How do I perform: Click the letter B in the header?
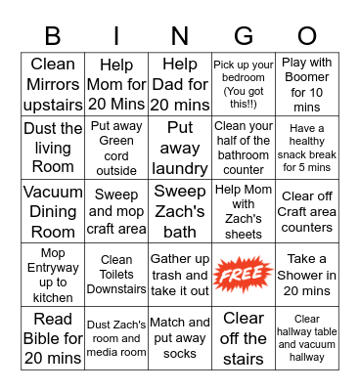[x=53, y=36]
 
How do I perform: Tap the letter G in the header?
[x=244, y=36]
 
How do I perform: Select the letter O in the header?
[x=306, y=36]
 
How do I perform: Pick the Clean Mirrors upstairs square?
[x=53, y=85]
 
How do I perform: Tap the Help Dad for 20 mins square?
[x=180, y=85]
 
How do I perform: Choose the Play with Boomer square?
[x=306, y=85]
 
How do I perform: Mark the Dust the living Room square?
[x=53, y=148]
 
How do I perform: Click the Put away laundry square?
[x=180, y=148]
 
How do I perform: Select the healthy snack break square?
[x=306, y=148]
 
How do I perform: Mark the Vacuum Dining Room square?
[x=53, y=211]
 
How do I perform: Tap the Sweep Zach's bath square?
[x=180, y=211]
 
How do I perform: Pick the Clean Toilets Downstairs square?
[x=116, y=275]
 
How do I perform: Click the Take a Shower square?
[x=306, y=275]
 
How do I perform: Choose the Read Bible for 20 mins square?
[x=53, y=338]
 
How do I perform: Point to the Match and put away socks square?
[x=180, y=338]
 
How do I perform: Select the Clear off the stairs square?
[x=244, y=338]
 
